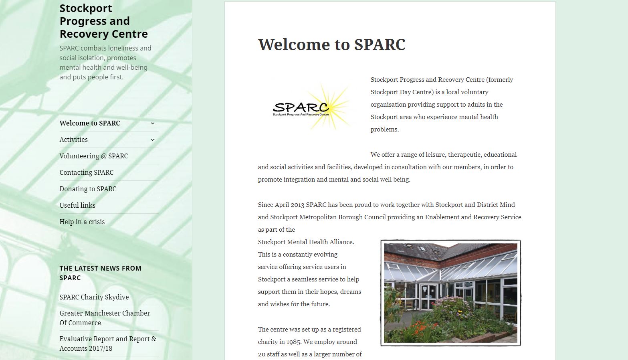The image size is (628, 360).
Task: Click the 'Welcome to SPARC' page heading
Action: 332,44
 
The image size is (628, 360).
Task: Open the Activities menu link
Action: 73,140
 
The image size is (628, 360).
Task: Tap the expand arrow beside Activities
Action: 153,140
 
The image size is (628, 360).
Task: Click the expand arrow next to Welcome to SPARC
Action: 153,123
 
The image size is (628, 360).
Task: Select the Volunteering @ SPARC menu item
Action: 94,156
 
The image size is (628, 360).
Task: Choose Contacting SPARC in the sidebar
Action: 86,172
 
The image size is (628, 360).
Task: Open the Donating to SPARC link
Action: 88,189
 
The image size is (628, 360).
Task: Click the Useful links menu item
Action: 77,205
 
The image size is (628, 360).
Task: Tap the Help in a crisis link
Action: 82,222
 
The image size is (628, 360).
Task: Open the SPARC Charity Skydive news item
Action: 94,297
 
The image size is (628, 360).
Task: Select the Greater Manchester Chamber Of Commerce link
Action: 105,318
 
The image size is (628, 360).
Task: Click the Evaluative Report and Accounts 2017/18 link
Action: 108,344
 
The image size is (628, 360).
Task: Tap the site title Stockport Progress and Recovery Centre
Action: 103,21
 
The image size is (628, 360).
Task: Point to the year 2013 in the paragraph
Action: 297,205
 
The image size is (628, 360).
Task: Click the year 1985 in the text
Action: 293,342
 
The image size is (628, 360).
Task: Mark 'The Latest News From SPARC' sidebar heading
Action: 100,273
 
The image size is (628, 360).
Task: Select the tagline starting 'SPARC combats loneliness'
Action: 105,63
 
